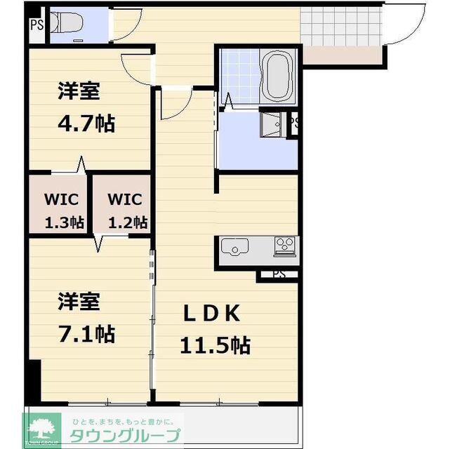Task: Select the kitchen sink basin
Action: (234, 247)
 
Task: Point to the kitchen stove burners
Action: (285, 246)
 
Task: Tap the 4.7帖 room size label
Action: (86, 124)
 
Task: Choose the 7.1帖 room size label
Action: (86, 334)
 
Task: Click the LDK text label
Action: (212, 313)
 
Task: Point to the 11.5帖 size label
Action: (216, 344)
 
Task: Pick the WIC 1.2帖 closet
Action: (121, 203)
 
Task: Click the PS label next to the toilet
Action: (37, 25)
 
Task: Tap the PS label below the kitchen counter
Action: (279, 274)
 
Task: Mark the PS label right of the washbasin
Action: (294, 123)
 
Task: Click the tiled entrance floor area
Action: (341, 27)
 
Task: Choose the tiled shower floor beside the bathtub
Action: (241, 76)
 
